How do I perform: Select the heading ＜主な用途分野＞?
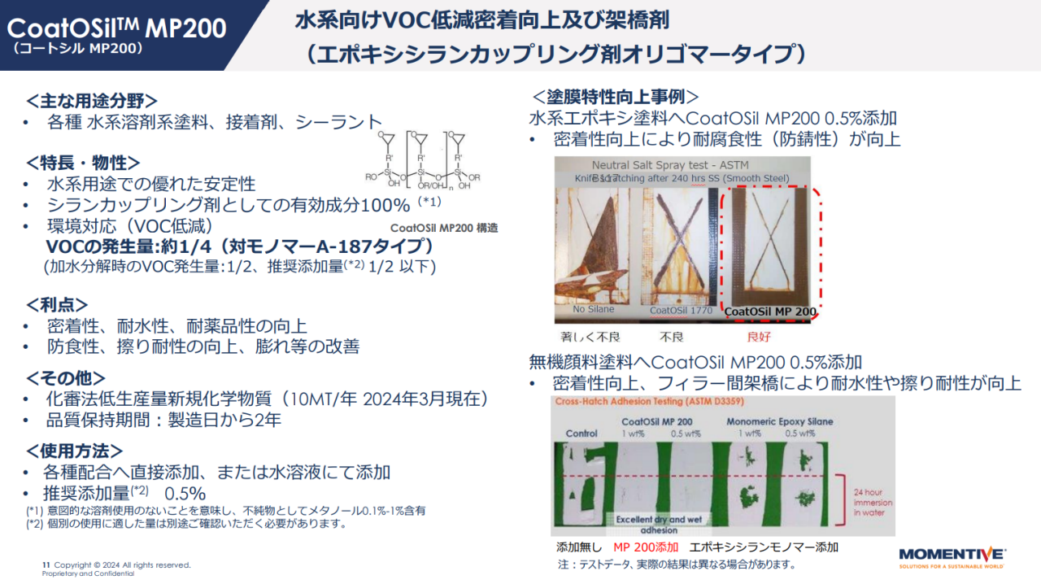click(91, 101)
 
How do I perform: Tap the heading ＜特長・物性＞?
click(83, 163)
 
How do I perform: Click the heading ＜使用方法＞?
click(75, 451)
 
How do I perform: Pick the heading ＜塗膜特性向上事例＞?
click(615, 96)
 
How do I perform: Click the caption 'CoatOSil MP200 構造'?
click(444, 229)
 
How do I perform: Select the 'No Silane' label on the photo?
click(594, 309)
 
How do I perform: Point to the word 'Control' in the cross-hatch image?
click(581, 434)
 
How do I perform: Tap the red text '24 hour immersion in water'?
click(873, 503)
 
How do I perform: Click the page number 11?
click(46, 564)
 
